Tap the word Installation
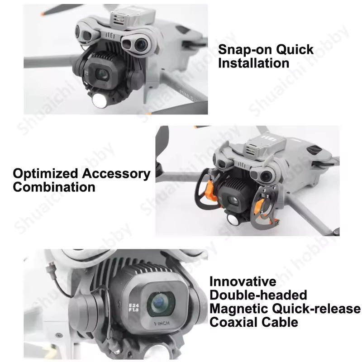click(253, 63)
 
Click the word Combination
click(54, 187)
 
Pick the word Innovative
click(243, 281)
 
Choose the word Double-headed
click(258, 295)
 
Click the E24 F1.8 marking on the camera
click(133, 308)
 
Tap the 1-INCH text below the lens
click(162, 324)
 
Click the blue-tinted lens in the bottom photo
click(160, 303)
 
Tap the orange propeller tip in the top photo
click(43, 14)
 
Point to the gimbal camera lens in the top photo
click(102, 74)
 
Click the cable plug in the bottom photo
click(50, 269)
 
